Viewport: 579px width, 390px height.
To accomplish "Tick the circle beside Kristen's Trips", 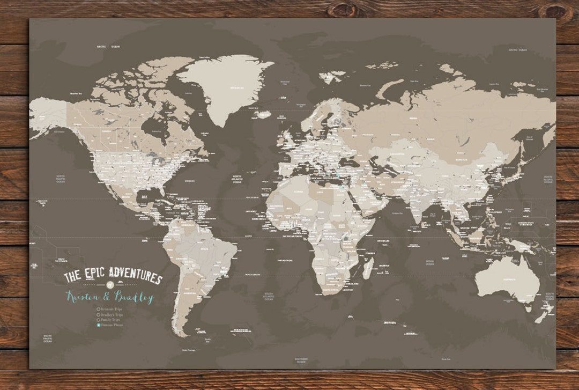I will pos(98,309).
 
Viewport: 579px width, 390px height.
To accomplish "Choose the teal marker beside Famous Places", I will pos(98,325).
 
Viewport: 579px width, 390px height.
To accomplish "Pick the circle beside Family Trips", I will pos(98,320).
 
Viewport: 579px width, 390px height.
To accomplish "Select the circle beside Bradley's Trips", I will pos(98,314).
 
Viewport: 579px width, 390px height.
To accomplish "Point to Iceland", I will pos(265,114).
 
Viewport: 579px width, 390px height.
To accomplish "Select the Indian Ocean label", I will pos(430,262).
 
